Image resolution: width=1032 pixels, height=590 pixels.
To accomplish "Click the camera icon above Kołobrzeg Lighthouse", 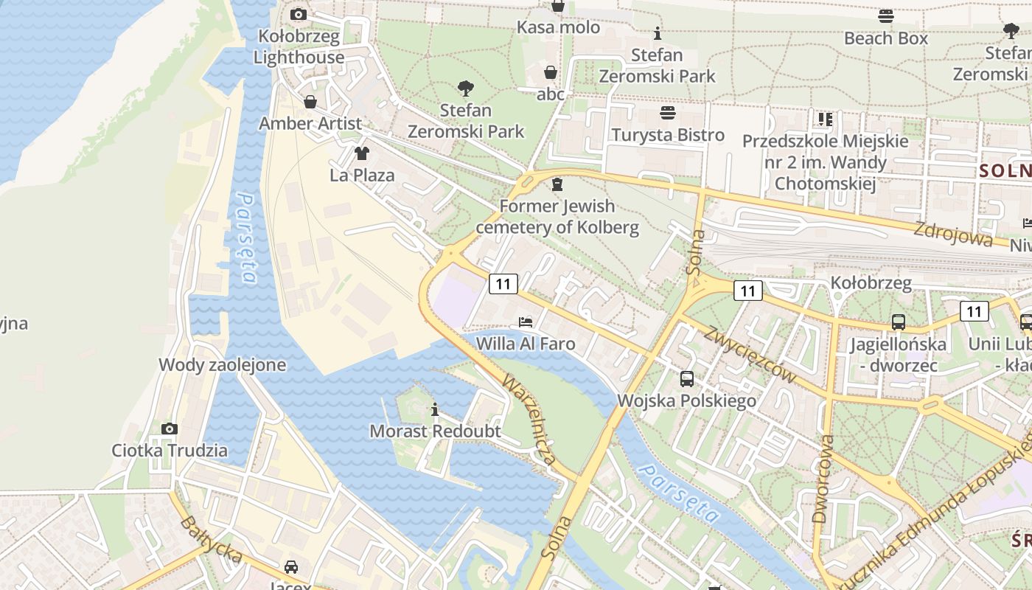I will (x=299, y=14).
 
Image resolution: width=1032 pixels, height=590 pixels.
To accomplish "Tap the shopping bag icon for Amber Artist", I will (x=310, y=101).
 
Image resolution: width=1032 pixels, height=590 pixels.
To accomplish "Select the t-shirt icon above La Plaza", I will (x=361, y=153).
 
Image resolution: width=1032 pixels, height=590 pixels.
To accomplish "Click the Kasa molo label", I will (x=558, y=27).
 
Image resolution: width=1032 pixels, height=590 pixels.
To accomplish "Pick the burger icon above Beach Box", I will (x=886, y=15).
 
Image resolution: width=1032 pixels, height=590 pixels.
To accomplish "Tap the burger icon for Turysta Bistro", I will (x=668, y=113).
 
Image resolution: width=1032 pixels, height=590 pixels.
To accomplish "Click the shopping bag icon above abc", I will (x=550, y=72).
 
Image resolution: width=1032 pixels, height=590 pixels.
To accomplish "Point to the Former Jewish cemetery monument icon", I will (x=557, y=184).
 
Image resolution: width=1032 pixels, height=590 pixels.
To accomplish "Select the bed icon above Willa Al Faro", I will (x=525, y=322).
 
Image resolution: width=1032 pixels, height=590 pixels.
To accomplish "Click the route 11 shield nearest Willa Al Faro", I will (x=503, y=283).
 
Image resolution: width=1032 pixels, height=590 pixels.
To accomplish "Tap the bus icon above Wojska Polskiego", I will (x=686, y=379).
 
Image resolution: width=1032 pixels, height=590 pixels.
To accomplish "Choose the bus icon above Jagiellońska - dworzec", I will (x=898, y=322).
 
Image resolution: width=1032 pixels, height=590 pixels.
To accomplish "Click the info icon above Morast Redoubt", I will (x=435, y=409).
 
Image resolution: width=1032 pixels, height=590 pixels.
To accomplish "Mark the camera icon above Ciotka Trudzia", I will (x=170, y=428).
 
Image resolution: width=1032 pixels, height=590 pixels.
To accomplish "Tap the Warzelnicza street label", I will (x=529, y=420).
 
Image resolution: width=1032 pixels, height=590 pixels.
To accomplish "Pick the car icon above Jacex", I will (x=291, y=566).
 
